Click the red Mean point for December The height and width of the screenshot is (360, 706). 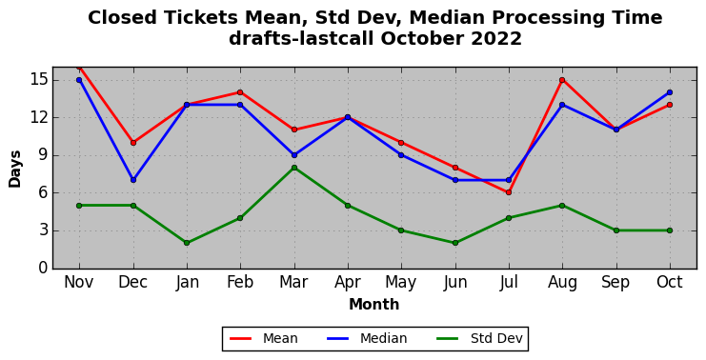pyautogui.click(x=133, y=143)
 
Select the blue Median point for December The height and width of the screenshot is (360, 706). pyautogui.click(x=133, y=180)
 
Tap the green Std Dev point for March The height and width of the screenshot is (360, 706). pyautogui.click(x=294, y=168)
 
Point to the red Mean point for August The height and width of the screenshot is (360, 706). pyautogui.click(x=562, y=80)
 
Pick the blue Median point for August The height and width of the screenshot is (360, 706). pyautogui.click(x=562, y=105)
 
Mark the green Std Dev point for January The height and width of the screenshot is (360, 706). pyautogui.click(x=187, y=243)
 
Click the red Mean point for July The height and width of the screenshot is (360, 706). pyautogui.click(x=509, y=192)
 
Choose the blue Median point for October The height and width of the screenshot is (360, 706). pyautogui.click(x=670, y=92)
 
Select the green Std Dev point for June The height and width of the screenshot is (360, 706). pyautogui.click(x=455, y=243)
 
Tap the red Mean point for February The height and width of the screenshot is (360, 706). pyautogui.click(x=240, y=92)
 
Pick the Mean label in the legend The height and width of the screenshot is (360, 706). pyautogui.click(x=280, y=338)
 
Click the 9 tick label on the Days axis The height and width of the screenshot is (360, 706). pyautogui.click(x=43, y=155)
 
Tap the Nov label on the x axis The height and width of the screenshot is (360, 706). pyautogui.click(x=79, y=283)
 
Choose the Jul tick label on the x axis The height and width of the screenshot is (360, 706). pyautogui.click(x=509, y=283)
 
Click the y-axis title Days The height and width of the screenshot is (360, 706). pyautogui.click(x=15, y=169)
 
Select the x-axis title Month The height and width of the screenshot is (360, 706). pyautogui.click(x=374, y=305)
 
